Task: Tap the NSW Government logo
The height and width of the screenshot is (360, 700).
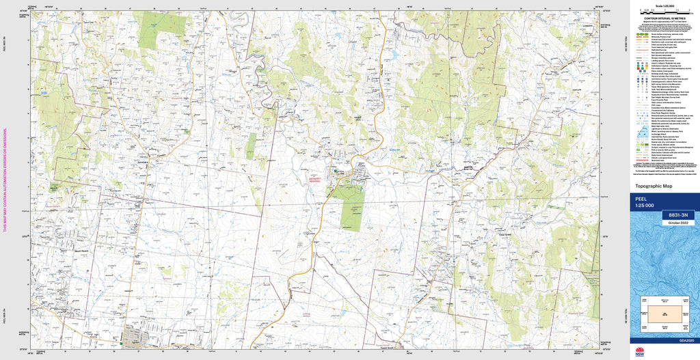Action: point(640,352)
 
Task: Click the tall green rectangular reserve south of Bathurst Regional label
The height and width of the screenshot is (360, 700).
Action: point(351,208)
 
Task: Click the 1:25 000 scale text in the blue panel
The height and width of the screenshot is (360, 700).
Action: point(645,206)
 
